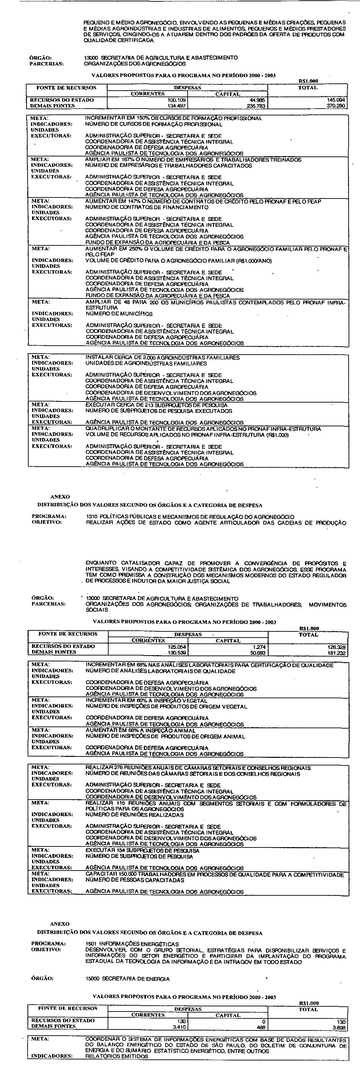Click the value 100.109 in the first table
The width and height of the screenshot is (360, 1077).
tap(176, 100)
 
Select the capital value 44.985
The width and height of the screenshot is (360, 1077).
tap(258, 100)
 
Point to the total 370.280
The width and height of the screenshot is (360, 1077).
tap(337, 106)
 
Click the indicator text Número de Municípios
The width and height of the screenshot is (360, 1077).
tap(119, 314)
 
